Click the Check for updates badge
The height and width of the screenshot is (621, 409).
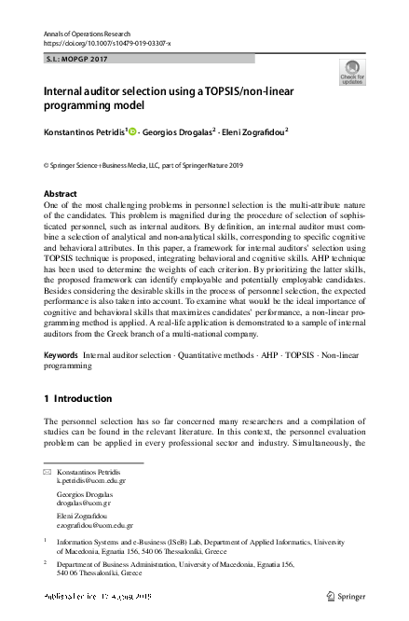352,72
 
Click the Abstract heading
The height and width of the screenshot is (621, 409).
61,194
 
